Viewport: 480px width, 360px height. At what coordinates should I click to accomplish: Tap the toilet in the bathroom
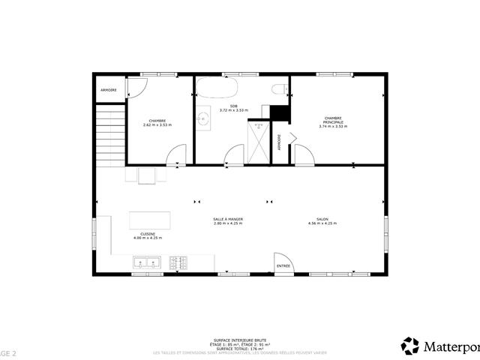pyautogui.click(x=279, y=90)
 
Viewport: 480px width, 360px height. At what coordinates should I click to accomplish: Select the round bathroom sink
pyautogui.click(x=202, y=118)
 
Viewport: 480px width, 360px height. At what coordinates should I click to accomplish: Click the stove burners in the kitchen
pyautogui.click(x=178, y=262)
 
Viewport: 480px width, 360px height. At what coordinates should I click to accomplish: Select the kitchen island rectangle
pyautogui.click(x=149, y=220)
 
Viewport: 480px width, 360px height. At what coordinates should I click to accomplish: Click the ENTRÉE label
pyautogui.click(x=283, y=266)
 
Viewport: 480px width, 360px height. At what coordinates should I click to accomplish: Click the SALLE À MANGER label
pyautogui.click(x=228, y=219)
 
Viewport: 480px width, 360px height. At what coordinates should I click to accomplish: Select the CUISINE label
pyautogui.click(x=148, y=233)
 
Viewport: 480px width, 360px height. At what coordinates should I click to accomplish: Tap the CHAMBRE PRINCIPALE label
pyautogui.click(x=333, y=119)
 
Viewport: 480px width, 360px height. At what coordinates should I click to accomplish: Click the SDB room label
pyautogui.click(x=233, y=106)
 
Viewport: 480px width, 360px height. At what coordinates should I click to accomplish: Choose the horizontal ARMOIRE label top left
pyautogui.click(x=108, y=91)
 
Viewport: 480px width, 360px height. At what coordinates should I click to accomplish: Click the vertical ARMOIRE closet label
pyautogui.click(x=279, y=142)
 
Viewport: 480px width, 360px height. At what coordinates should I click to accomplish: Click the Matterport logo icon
pyautogui.click(x=410, y=346)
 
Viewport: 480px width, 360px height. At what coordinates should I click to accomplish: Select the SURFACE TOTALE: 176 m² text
pyautogui.click(x=239, y=348)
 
